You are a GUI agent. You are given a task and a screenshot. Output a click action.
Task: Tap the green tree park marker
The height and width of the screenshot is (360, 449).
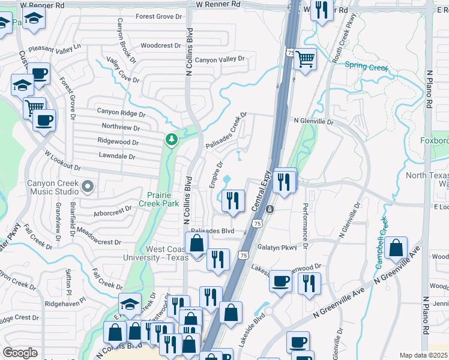pos(172,140)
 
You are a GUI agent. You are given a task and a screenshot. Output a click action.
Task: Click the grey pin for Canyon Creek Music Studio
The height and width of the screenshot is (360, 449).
pos(88,187)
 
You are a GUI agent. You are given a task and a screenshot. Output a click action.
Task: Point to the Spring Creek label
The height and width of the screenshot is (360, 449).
pos(367,67)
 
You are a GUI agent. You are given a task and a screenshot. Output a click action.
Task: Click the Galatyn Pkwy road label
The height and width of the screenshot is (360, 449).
pos(277,247)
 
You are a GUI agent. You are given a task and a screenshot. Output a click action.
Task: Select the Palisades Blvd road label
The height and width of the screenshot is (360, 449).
pos(212,231)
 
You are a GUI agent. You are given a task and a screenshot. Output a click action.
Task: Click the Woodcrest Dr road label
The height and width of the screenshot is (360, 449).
pos(160,46)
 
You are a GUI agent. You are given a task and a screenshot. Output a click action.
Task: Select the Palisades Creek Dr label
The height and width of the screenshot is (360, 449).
pos(226,130)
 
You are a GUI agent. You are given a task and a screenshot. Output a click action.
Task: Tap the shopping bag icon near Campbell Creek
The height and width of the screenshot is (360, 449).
pos(397,248)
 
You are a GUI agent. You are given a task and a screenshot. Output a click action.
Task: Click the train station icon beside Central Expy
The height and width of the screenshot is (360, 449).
pos(270,209)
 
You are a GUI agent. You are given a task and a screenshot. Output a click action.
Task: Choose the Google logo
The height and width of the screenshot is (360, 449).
pos(20,353)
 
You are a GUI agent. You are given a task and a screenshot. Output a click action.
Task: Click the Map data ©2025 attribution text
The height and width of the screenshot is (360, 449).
pos(423,355)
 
